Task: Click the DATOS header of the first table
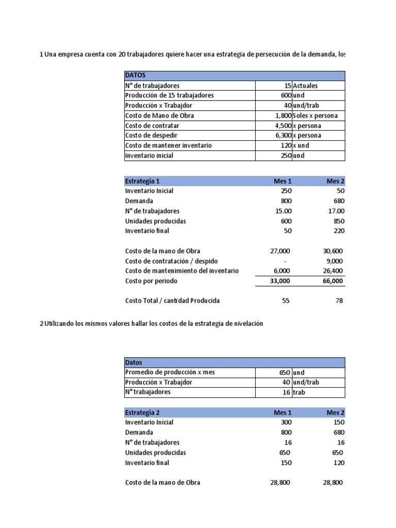tap(135, 75)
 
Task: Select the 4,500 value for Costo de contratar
tap(283, 125)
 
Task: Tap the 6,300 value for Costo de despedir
tap(283, 135)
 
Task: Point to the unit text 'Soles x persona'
tap(315, 115)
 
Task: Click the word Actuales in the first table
tap(305, 86)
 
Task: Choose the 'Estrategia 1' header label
tap(142, 181)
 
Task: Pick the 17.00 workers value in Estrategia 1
tap(335, 211)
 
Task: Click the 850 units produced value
tap(338, 221)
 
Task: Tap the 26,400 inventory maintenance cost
tap(334, 271)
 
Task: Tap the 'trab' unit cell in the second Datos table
tap(299, 392)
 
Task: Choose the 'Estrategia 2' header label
tap(142, 412)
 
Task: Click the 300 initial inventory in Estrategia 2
tap(286, 422)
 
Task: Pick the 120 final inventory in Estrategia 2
tap(338, 463)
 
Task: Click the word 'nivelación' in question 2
tap(248, 323)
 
